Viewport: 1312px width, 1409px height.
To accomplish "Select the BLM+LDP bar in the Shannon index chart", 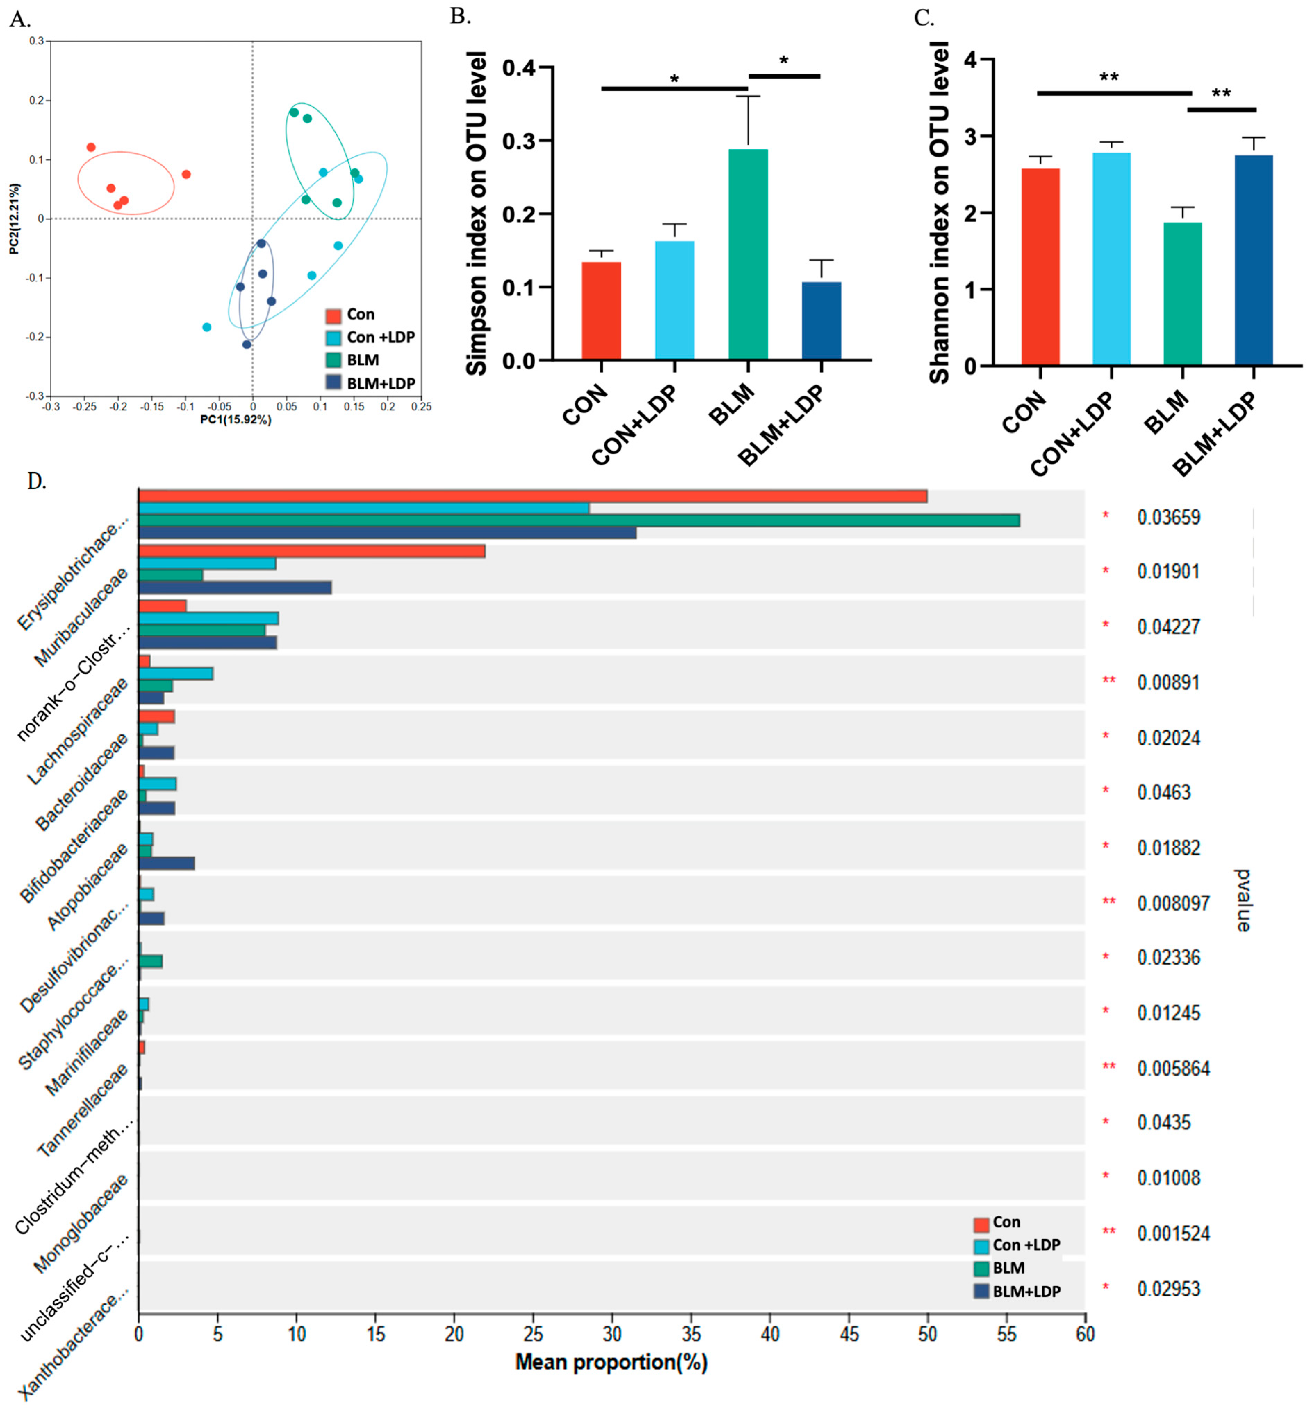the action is click(x=1253, y=260).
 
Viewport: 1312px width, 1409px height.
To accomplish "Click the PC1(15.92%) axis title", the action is click(x=235, y=420).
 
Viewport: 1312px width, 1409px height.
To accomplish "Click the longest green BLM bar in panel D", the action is click(x=579, y=520).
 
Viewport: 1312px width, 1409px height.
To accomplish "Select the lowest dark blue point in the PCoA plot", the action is click(x=247, y=345).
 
